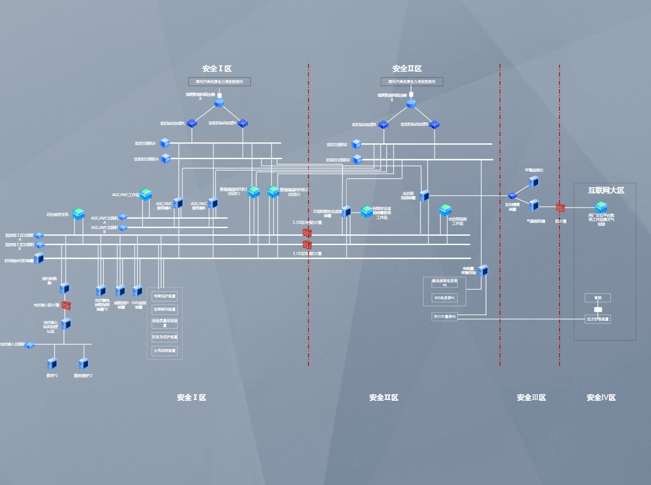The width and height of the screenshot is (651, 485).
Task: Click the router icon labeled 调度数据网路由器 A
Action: [219, 102]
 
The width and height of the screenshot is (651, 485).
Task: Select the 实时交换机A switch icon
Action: [165, 143]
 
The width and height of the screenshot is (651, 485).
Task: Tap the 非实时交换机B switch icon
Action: [357, 160]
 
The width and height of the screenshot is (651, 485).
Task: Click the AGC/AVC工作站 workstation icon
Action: [146, 194]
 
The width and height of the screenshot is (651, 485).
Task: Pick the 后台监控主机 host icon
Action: [78, 214]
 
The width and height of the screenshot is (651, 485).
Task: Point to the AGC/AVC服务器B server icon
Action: [213, 203]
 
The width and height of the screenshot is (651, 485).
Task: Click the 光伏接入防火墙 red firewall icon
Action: [66, 305]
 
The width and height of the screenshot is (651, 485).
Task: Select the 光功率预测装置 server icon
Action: [424, 196]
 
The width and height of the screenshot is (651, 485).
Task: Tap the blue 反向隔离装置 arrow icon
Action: [512, 196]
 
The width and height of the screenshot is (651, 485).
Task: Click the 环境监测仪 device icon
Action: [534, 182]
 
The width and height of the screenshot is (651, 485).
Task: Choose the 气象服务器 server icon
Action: [534, 206]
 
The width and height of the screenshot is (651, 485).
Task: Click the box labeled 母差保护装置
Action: [165, 296]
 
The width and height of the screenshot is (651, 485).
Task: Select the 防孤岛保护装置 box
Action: [165, 337]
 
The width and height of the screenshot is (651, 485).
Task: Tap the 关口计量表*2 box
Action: [445, 317]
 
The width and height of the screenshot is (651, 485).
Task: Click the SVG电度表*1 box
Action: [445, 298]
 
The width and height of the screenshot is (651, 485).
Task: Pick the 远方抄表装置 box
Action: [598, 319]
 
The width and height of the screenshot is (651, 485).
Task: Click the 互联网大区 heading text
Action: [606, 190]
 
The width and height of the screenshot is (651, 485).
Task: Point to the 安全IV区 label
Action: [601, 397]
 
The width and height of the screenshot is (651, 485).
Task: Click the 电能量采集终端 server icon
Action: [483, 271]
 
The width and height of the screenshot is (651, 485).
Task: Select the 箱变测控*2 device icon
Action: [83, 364]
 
